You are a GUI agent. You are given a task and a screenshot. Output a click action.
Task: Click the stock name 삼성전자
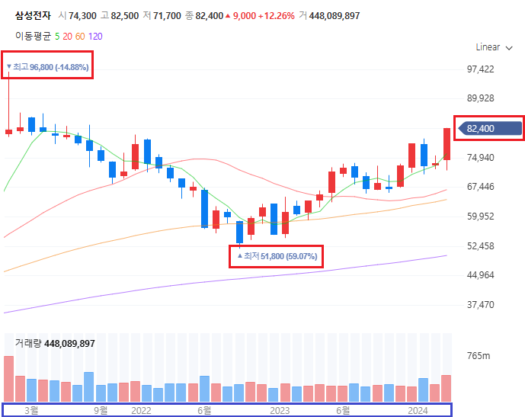click(33, 16)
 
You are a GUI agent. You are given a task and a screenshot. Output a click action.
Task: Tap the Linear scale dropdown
click(493, 47)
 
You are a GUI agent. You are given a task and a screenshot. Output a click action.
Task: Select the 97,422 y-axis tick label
click(480, 69)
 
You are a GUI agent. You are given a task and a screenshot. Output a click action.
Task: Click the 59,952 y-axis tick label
click(480, 217)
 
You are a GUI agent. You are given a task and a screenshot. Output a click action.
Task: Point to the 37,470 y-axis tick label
click(480, 304)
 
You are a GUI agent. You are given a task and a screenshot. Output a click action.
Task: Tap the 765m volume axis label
click(479, 356)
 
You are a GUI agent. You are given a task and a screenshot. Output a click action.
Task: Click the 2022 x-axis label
click(141, 410)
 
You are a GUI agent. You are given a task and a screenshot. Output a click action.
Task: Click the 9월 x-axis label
click(101, 410)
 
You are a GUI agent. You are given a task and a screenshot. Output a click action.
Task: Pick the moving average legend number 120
click(95, 36)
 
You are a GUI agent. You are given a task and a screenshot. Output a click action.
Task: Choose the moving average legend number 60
click(81, 36)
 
